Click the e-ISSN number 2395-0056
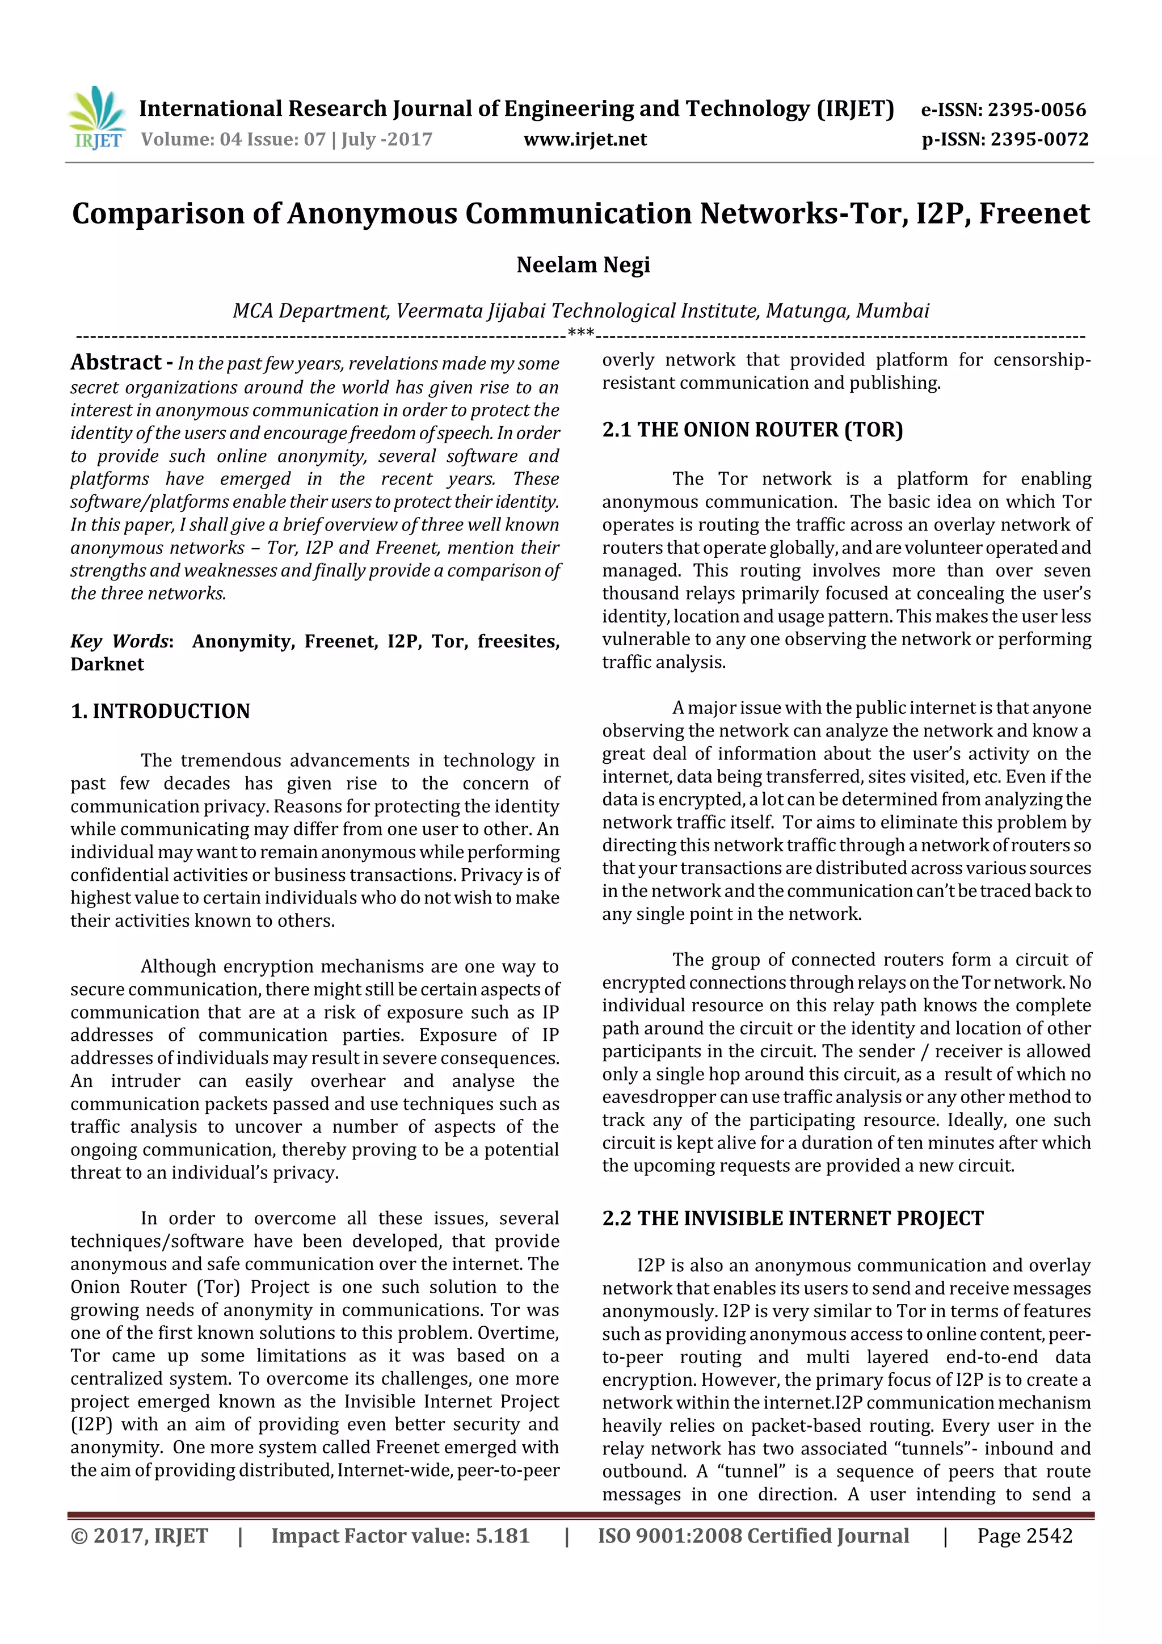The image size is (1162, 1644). [1036, 110]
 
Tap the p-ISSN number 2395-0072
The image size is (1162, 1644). [1039, 140]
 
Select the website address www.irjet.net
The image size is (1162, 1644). [585, 140]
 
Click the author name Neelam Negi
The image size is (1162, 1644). [583, 265]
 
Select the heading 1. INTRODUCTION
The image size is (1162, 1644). [161, 711]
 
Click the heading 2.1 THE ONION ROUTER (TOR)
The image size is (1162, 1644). [752, 430]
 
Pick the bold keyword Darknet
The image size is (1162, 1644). [107, 665]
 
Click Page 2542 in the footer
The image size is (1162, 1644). [1025, 1536]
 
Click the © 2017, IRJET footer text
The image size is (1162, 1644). [140, 1536]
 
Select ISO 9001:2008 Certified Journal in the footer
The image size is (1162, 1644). [753, 1536]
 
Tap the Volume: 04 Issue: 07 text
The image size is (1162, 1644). [233, 140]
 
